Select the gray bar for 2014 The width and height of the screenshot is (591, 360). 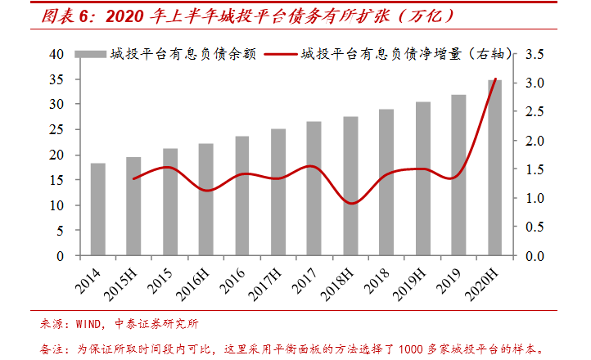click(98, 209)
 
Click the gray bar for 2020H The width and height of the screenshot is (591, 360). click(495, 168)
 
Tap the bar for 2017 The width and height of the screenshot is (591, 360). click(314, 188)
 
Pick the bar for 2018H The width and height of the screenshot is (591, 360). click(350, 186)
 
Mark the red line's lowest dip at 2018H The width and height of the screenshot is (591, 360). click(350, 203)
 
